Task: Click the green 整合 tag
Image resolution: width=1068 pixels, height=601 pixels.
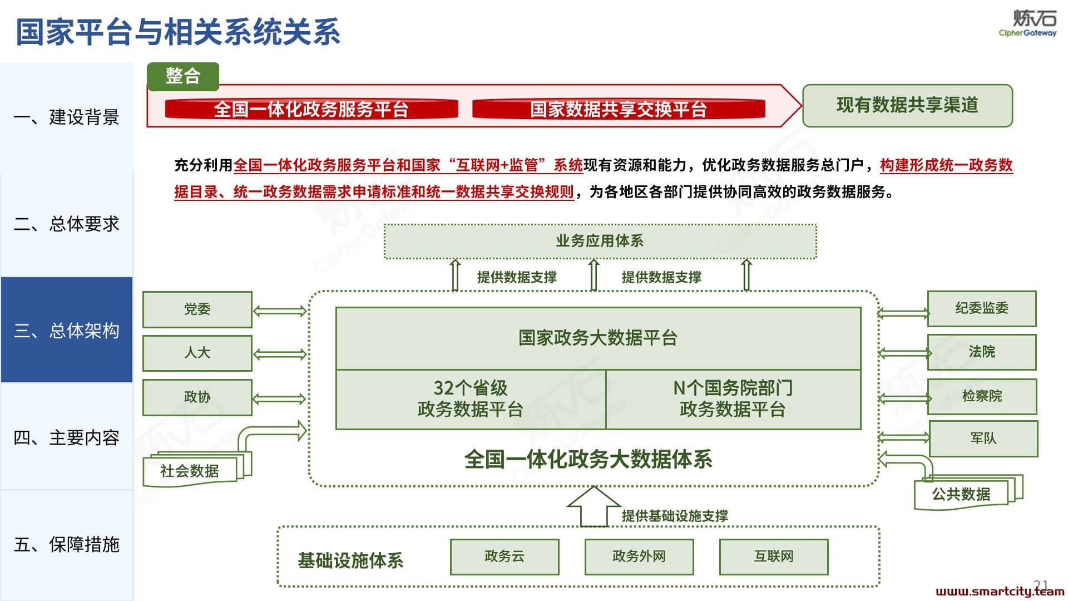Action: (183, 76)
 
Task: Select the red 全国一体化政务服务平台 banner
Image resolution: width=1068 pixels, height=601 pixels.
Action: (311, 109)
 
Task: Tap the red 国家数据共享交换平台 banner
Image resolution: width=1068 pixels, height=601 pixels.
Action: (619, 109)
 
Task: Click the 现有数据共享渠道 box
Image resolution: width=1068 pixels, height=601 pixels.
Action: (907, 106)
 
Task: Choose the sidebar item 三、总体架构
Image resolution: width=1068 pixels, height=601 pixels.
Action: (67, 330)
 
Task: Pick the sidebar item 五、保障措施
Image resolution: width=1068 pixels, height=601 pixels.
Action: (67, 544)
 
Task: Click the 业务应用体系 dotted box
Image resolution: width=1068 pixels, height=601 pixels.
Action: (600, 241)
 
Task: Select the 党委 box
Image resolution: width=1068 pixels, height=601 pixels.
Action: (197, 309)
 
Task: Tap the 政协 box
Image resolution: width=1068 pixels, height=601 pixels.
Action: (197, 397)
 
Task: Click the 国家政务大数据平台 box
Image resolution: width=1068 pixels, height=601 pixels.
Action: (598, 338)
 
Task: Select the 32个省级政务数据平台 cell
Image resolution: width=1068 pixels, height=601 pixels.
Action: (471, 399)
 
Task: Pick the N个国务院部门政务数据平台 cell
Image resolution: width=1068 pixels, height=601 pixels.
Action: (733, 399)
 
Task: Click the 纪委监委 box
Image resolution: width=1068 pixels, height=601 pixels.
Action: (982, 308)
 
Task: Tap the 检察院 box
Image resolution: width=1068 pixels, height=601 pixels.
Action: (982, 396)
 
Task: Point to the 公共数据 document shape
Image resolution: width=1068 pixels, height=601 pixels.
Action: (968, 492)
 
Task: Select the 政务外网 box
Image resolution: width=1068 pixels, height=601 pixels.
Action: (639, 556)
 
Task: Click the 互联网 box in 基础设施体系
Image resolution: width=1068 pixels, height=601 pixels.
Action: (774, 556)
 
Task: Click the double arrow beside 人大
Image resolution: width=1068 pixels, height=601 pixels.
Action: (280, 354)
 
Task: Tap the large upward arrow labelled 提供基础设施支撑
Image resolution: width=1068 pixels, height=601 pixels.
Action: (594, 506)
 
